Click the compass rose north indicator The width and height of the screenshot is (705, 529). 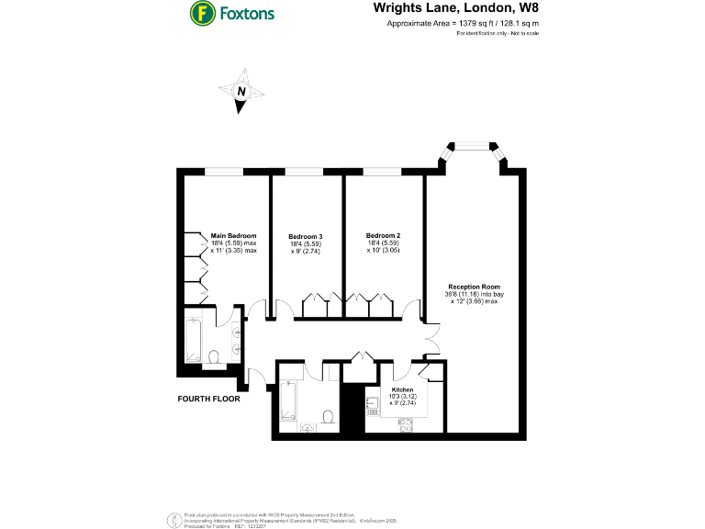(241, 92)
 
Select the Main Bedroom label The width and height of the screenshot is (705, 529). (233, 236)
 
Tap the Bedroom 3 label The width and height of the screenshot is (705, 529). (305, 237)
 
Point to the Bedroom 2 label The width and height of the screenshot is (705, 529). (382, 236)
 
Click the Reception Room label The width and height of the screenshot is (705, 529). (474, 287)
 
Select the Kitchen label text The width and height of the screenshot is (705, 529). (403, 390)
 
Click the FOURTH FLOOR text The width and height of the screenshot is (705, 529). (209, 400)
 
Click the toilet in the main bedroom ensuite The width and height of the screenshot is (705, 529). (213, 355)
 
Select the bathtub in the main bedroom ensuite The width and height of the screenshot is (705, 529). (193, 341)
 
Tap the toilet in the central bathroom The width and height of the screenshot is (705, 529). (328, 416)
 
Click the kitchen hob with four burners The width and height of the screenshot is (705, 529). (405, 423)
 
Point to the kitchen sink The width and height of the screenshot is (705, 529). (375, 405)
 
